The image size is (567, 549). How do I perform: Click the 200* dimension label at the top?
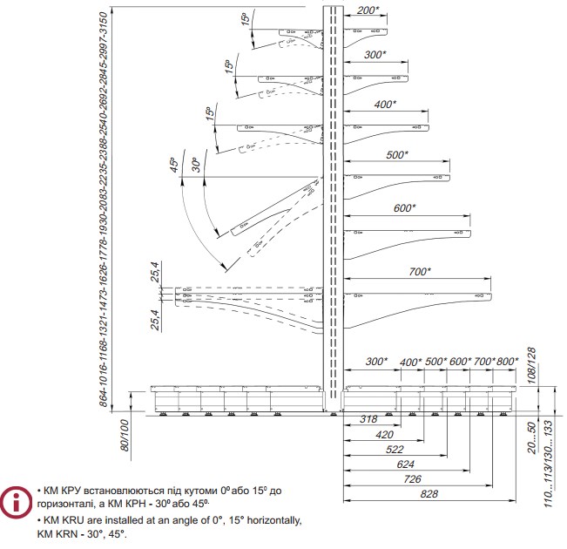click(368, 10)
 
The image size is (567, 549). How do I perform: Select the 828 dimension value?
click(429, 494)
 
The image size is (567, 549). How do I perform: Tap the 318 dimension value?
click(368, 419)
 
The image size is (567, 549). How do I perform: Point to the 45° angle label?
click(174, 165)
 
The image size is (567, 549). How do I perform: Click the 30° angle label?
click(196, 165)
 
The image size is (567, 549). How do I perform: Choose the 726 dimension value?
click(413, 479)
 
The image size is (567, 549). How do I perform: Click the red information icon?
click(16, 503)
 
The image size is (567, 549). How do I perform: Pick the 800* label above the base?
click(507, 361)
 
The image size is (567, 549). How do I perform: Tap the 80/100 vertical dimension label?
click(124, 436)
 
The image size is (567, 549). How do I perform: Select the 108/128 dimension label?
click(531, 365)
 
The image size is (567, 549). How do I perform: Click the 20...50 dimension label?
click(531, 438)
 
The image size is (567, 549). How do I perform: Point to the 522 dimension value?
click(395, 450)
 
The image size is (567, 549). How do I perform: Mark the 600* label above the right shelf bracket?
click(405, 208)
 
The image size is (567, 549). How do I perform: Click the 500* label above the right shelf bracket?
click(397, 155)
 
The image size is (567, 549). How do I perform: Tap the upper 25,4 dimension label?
click(155, 272)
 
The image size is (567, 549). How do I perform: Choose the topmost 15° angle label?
click(245, 19)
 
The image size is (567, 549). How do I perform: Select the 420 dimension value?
click(385, 435)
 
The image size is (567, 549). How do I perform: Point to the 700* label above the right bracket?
click(420, 271)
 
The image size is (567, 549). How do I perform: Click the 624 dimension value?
click(405, 464)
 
